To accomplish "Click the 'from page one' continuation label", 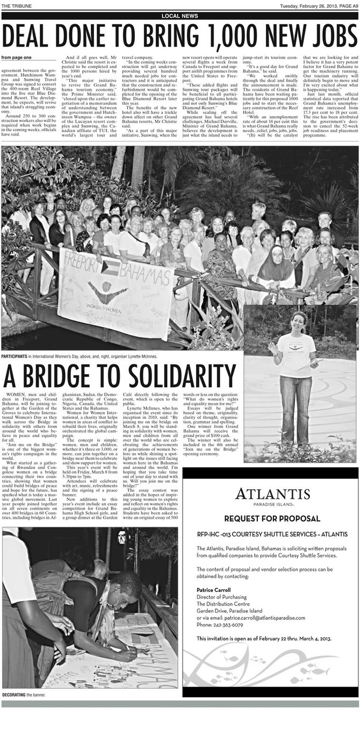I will click(16, 58).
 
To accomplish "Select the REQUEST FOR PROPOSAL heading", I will click(272, 519).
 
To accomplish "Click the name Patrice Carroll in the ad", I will click(213, 590).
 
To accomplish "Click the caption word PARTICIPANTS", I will click(14, 356).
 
